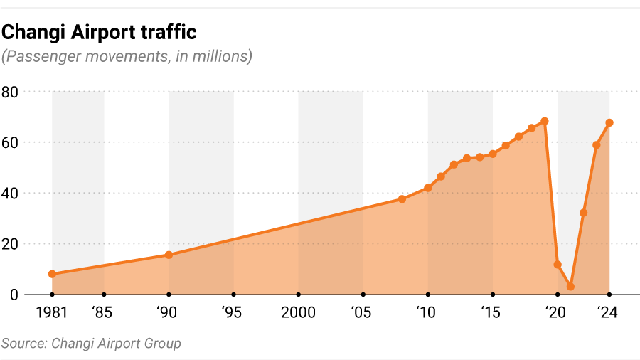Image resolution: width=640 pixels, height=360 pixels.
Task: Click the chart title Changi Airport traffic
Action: [x=99, y=32]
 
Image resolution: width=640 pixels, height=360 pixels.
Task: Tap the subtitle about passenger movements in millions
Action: [x=127, y=57]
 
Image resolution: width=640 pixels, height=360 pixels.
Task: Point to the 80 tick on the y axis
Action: [x=12, y=92]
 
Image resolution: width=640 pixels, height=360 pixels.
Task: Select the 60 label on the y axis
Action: [x=12, y=142]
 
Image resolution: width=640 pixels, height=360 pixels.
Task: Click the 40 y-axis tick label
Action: [x=12, y=193]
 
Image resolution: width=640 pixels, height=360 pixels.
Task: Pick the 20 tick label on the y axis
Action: [x=12, y=243]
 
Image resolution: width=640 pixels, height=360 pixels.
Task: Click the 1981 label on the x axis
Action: [x=52, y=312]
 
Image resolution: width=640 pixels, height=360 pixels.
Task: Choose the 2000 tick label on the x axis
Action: [x=298, y=312]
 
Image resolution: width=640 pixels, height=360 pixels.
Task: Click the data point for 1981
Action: [x=52, y=274]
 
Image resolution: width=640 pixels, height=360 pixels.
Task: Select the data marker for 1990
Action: [x=169, y=255]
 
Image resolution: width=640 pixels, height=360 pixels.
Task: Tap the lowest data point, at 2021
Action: [x=570, y=287]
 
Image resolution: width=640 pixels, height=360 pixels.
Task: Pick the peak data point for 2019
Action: [x=545, y=121]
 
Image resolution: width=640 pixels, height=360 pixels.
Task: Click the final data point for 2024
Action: [x=609, y=122]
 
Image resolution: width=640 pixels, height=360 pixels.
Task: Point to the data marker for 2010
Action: [x=428, y=188]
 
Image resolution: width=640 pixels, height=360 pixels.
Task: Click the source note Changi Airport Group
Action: [x=91, y=344]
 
